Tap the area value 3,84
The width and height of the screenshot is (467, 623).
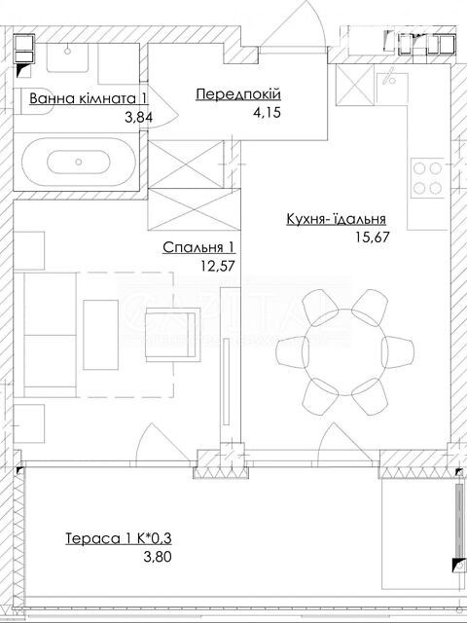138,117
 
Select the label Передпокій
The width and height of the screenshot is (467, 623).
238,94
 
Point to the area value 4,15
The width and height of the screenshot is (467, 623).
267,113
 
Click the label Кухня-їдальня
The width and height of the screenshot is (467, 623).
337,219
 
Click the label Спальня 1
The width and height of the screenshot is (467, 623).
198,247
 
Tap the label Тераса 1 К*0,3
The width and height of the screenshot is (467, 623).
119,538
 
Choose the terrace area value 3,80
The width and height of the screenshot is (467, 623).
158,557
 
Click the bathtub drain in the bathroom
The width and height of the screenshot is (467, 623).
78,162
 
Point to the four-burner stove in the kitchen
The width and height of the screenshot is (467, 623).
427,178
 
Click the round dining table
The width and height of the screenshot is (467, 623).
345,352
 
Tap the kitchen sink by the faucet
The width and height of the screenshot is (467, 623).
392,90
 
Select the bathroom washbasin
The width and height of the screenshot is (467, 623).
67,57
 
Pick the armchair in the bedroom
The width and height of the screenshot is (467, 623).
173,336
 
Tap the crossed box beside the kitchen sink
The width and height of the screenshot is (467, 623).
354,85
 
